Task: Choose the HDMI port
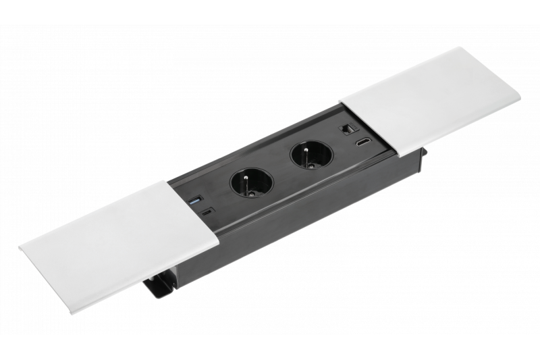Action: tap(362, 142)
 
